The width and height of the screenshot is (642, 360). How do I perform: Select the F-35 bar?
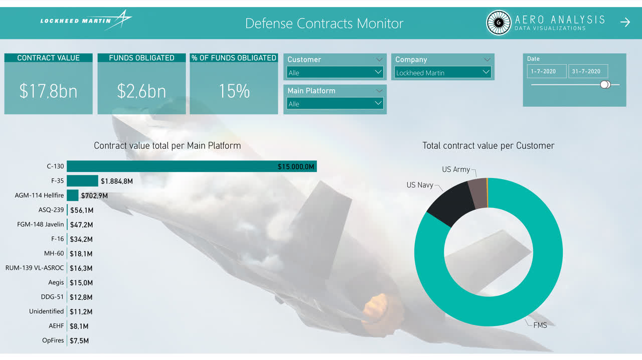click(82, 181)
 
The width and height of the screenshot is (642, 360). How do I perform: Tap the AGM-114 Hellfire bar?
click(72, 195)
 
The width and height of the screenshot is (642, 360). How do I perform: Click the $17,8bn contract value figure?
click(48, 91)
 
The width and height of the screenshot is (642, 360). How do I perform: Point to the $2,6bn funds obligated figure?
click(141, 91)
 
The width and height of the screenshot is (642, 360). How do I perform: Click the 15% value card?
click(234, 91)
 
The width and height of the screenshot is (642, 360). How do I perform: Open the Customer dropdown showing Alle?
click(335, 73)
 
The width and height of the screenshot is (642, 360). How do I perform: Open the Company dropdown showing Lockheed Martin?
click(443, 73)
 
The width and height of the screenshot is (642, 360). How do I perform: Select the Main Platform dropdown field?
click(335, 104)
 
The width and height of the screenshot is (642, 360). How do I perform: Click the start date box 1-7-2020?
click(547, 71)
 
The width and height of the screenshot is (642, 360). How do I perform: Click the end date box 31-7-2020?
click(588, 71)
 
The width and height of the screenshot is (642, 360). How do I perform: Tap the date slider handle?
click(605, 84)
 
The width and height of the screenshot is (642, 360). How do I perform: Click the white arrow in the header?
click(625, 22)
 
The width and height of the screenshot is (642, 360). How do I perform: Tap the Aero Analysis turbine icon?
click(499, 23)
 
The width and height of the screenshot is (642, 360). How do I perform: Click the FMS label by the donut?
click(540, 325)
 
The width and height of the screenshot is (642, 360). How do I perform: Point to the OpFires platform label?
click(53, 340)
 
